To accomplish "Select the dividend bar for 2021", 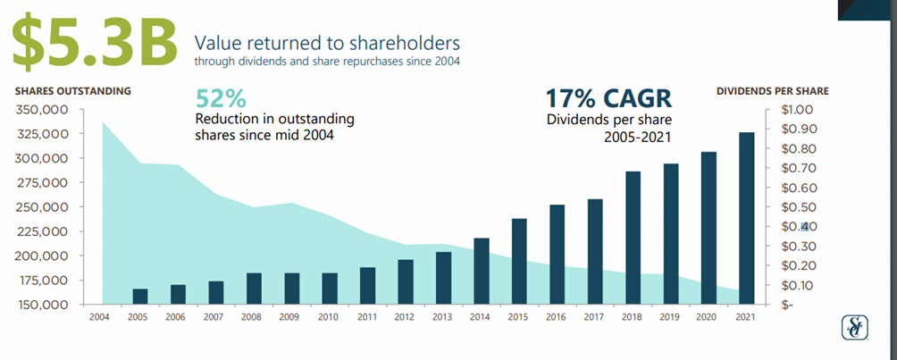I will [x=747, y=218].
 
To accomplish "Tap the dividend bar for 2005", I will [x=140, y=297].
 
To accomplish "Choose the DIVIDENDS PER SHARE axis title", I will [x=772, y=90].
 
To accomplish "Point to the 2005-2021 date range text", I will [x=637, y=137].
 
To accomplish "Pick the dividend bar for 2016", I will [x=557, y=255].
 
